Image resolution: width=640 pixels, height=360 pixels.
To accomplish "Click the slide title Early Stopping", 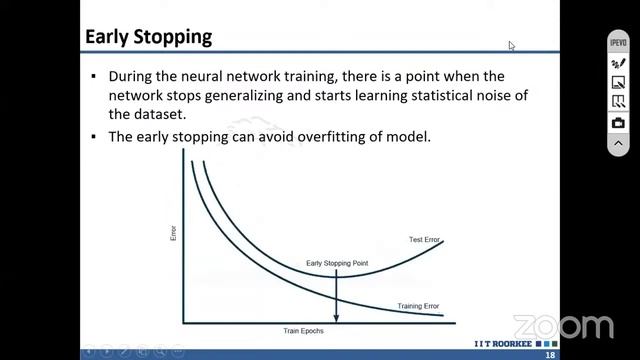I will point(148,37).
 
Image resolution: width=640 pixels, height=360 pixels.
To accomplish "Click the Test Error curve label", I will point(425,240).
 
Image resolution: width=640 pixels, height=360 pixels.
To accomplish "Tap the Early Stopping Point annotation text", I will point(337,264).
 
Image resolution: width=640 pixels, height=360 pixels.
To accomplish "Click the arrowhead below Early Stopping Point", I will point(336,317).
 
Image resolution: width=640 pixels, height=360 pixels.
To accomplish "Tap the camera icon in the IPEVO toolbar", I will point(618,123).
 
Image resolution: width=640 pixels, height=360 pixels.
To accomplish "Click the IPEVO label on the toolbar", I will point(618,46).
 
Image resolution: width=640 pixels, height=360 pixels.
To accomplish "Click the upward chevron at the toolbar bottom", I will point(618,143).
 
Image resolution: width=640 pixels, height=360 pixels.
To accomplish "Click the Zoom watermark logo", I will point(563,327).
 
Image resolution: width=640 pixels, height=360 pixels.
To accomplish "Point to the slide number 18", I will point(550,355).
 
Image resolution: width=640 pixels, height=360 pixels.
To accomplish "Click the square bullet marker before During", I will point(94,77).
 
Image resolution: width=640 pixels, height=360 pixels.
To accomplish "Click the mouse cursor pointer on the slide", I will point(511,46).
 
